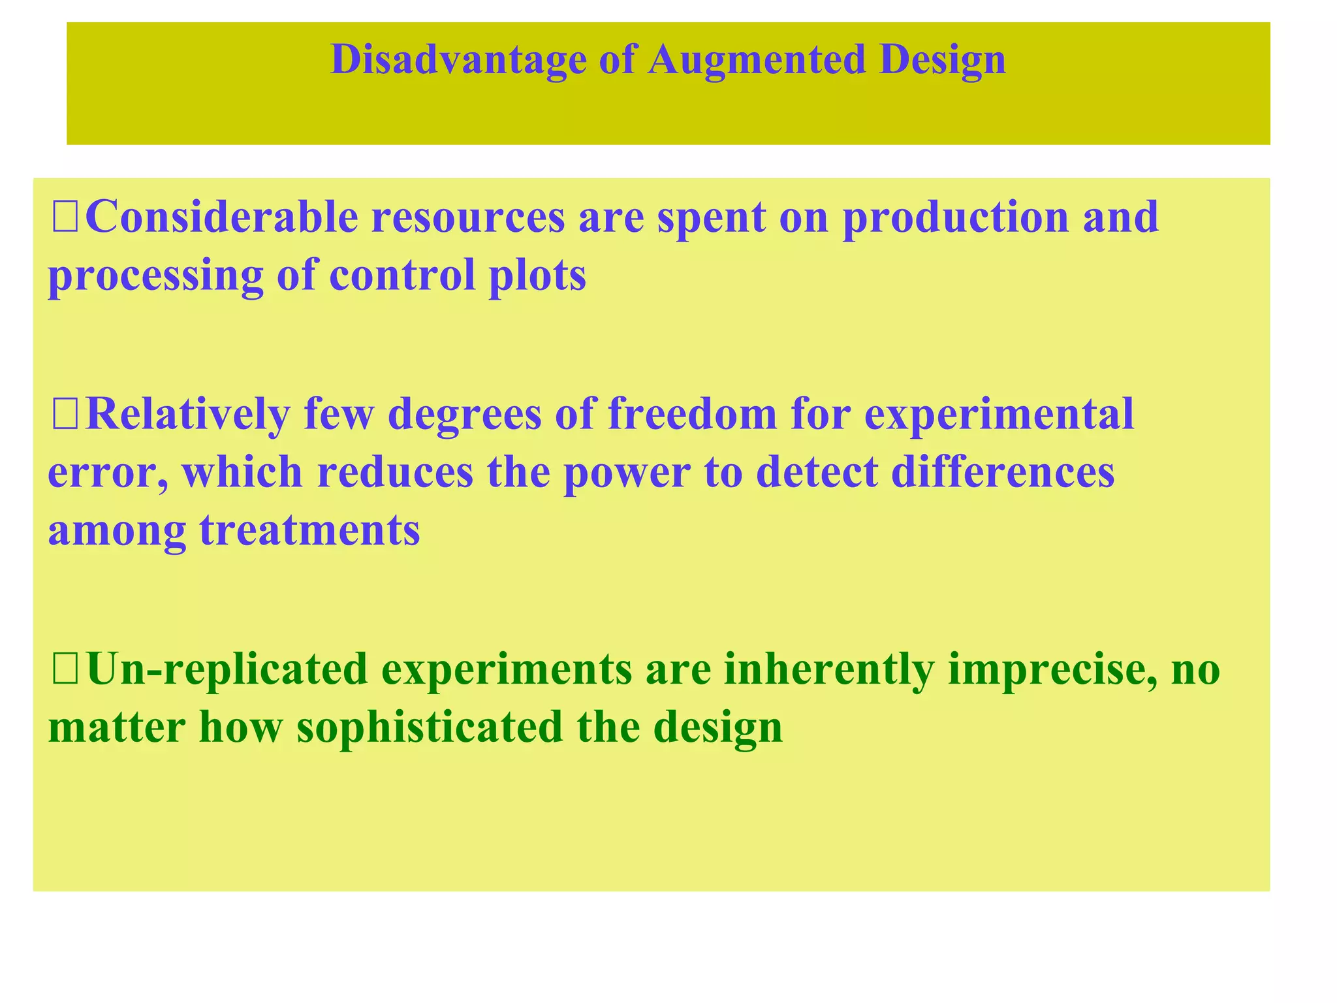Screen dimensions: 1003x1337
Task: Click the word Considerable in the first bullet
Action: coord(221,217)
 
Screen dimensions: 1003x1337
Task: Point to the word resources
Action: coord(468,217)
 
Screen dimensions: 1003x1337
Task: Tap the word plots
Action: coord(537,277)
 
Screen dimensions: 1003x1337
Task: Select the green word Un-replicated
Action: coord(227,670)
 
